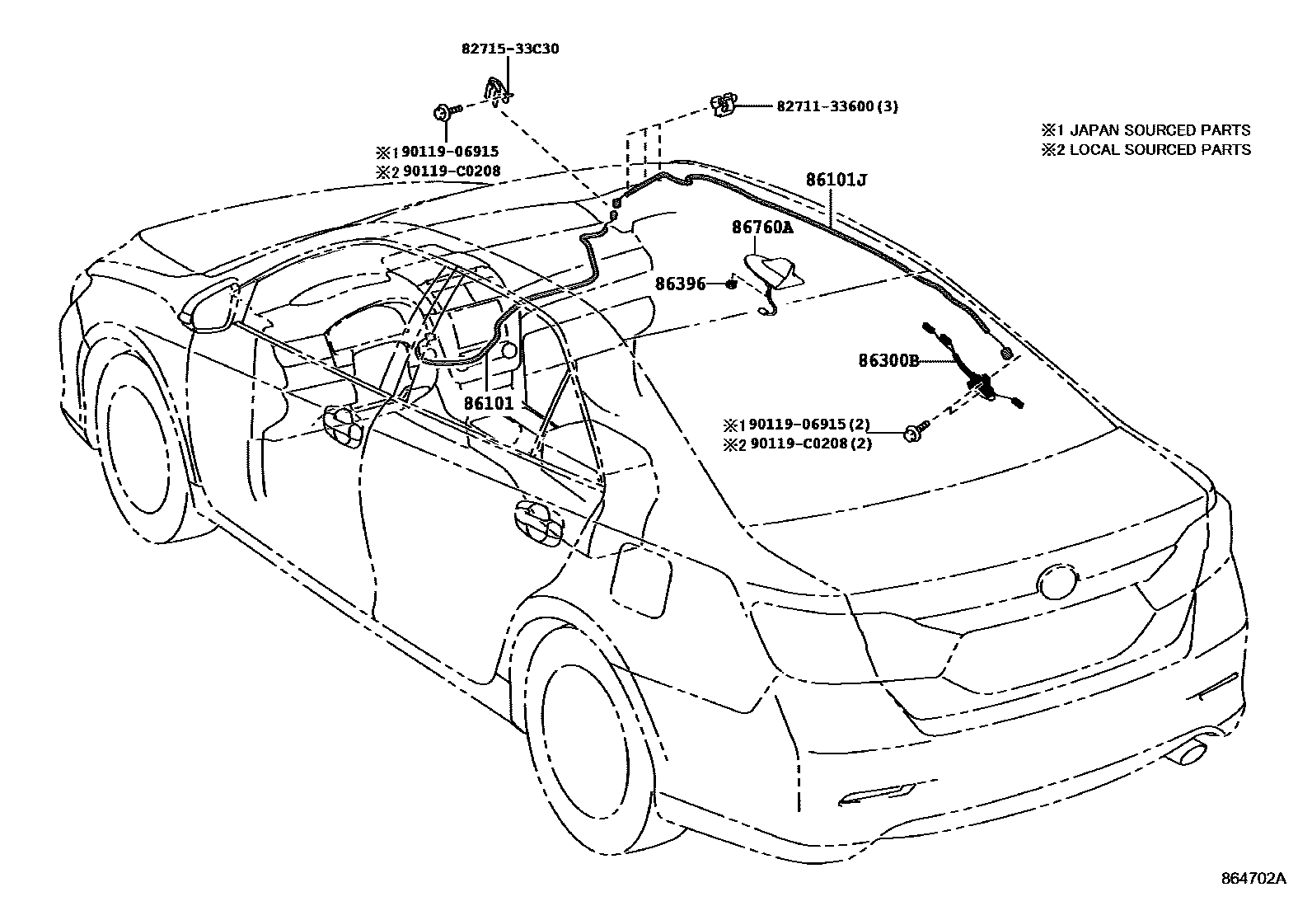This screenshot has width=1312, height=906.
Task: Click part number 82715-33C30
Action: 509,49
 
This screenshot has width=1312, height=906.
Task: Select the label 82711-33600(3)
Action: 836,106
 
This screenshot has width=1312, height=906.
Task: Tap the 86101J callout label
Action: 836,179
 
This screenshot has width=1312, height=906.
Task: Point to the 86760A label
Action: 761,227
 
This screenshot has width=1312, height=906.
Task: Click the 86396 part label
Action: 681,284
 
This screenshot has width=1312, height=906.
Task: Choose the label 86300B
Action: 888,360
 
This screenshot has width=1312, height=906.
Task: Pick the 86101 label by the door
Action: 488,404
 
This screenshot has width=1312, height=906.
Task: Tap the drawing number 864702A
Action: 1253,879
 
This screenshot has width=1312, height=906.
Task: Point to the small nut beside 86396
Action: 730,284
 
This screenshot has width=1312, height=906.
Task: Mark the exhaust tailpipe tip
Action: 1187,752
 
